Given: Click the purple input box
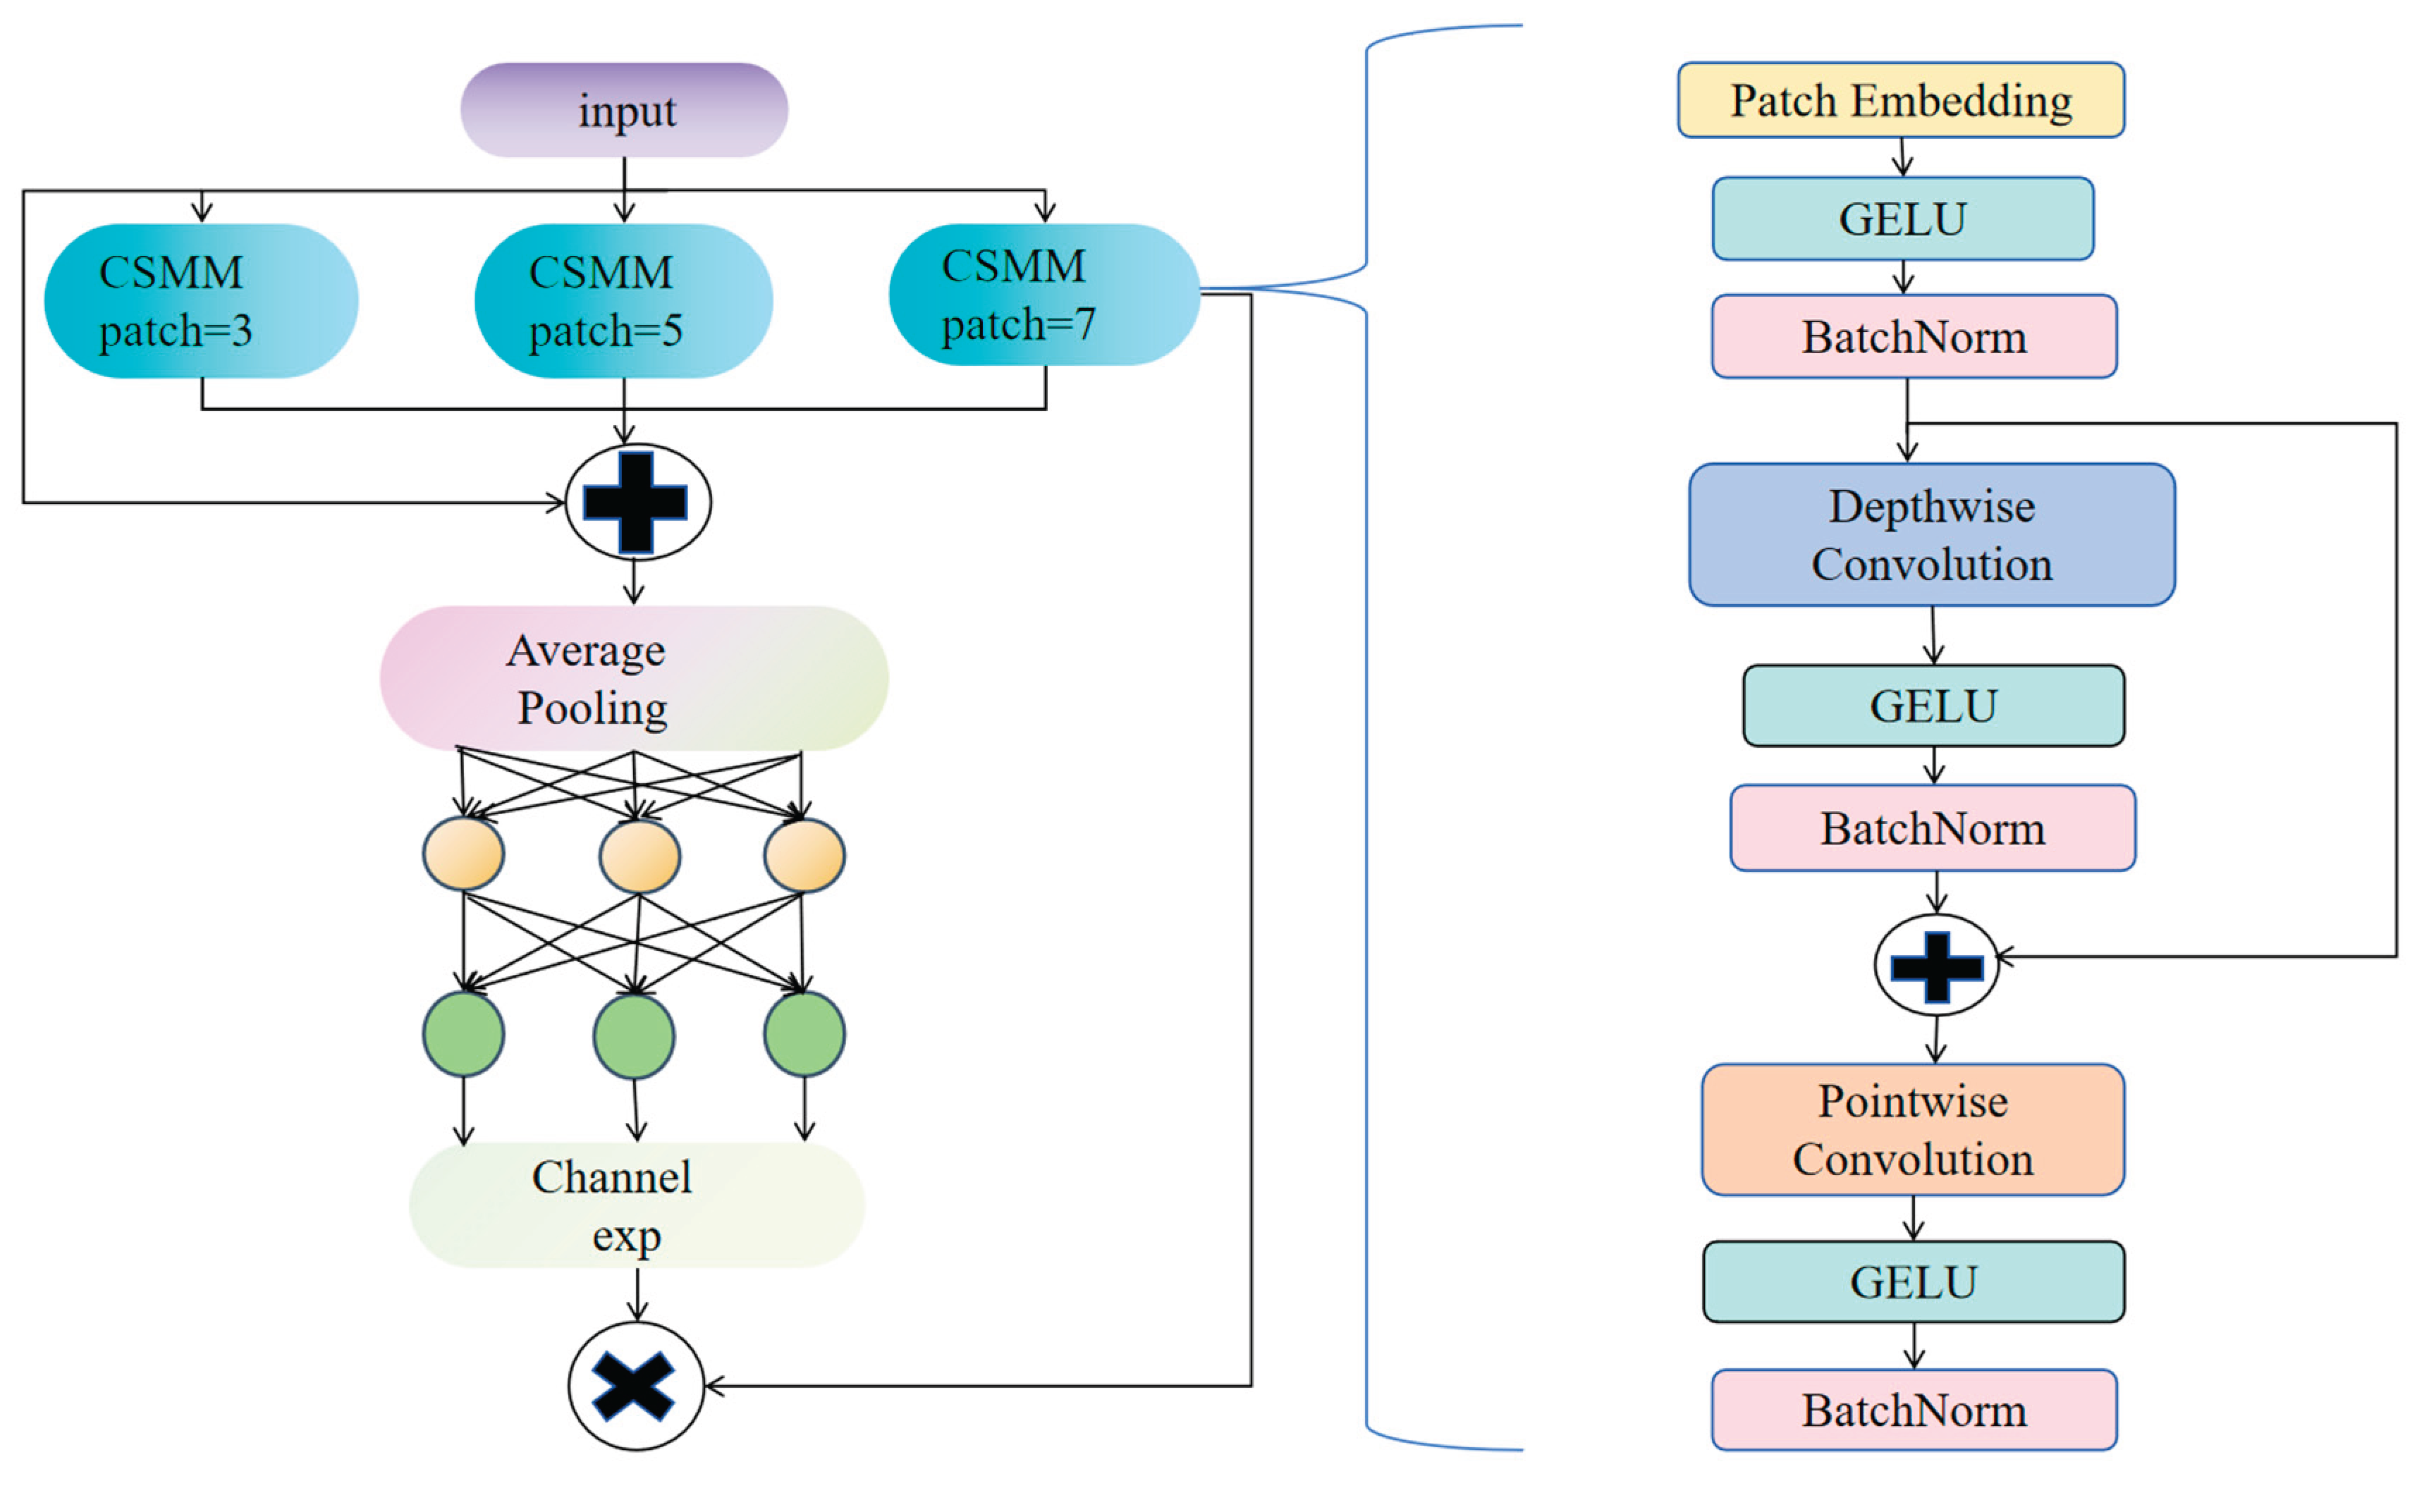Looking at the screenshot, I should click(624, 110).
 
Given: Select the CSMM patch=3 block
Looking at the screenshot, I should click(201, 301).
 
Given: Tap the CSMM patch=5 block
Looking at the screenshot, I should click(623, 301).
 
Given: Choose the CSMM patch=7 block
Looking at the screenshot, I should click(1043, 295).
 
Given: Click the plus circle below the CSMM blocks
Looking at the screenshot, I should click(638, 502).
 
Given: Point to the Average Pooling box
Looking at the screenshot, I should click(634, 678).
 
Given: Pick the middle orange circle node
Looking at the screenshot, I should click(639, 855).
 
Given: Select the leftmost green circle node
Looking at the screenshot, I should click(463, 1034).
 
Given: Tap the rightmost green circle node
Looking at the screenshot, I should click(804, 1034).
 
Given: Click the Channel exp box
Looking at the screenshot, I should click(636, 1205).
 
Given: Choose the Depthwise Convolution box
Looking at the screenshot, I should click(1931, 534).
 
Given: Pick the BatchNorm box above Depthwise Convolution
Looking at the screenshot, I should click(1914, 336).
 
